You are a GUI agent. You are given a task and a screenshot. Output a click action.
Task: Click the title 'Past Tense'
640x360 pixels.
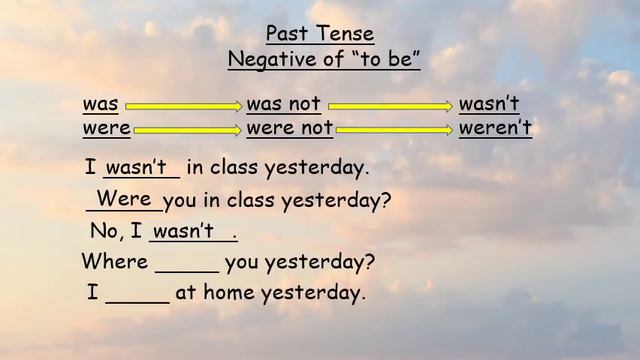coord(320,34)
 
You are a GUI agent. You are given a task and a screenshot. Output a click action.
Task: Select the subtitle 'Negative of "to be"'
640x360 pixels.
coord(324,60)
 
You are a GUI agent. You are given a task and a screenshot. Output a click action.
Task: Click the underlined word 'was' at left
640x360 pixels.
coord(100,104)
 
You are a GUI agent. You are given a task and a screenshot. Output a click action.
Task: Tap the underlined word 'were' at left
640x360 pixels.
coord(106,128)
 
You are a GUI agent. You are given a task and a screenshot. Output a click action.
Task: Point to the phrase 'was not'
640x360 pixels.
coord(283,104)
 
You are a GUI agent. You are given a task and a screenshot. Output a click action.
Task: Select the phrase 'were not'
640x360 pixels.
coord(289,128)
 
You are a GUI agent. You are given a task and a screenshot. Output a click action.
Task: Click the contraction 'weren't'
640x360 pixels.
coord(495,128)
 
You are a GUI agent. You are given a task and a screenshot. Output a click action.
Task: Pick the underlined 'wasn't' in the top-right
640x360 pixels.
coord(489,104)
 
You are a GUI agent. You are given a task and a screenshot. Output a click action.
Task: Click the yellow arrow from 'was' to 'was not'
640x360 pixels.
coord(184,105)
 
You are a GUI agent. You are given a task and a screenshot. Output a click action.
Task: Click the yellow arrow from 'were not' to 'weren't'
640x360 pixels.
coord(395,129)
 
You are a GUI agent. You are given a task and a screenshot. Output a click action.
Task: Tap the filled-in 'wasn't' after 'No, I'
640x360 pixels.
coord(184,231)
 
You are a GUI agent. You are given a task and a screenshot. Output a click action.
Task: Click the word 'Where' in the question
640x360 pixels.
coord(114,263)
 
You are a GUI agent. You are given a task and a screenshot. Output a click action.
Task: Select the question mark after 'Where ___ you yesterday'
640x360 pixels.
coord(370,263)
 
